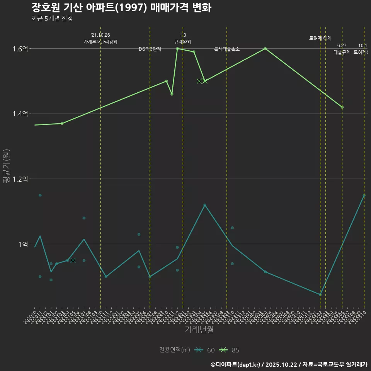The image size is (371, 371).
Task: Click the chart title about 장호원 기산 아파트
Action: click(121, 8)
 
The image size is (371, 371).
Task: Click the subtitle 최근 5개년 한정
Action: click(52, 18)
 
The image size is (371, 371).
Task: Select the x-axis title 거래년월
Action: click(199, 330)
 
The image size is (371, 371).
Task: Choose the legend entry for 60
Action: click(205, 350)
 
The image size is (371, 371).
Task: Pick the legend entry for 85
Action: click(230, 350)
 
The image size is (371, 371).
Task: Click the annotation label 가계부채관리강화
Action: click(100, 42)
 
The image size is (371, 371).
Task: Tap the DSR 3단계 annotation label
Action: click(150, 49)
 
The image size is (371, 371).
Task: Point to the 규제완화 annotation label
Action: click(183, 42)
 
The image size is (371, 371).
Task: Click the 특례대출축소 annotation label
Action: click(227, 49)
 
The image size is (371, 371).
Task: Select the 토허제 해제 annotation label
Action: click(320, 38)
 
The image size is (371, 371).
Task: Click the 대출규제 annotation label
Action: click(342, 52)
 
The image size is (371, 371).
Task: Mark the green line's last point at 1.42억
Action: click(342, 107)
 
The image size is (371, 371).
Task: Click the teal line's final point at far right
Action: click(364, 195)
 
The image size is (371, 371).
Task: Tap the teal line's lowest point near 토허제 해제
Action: click(320, 294)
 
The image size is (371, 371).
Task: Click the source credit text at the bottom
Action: click(289, 364)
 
